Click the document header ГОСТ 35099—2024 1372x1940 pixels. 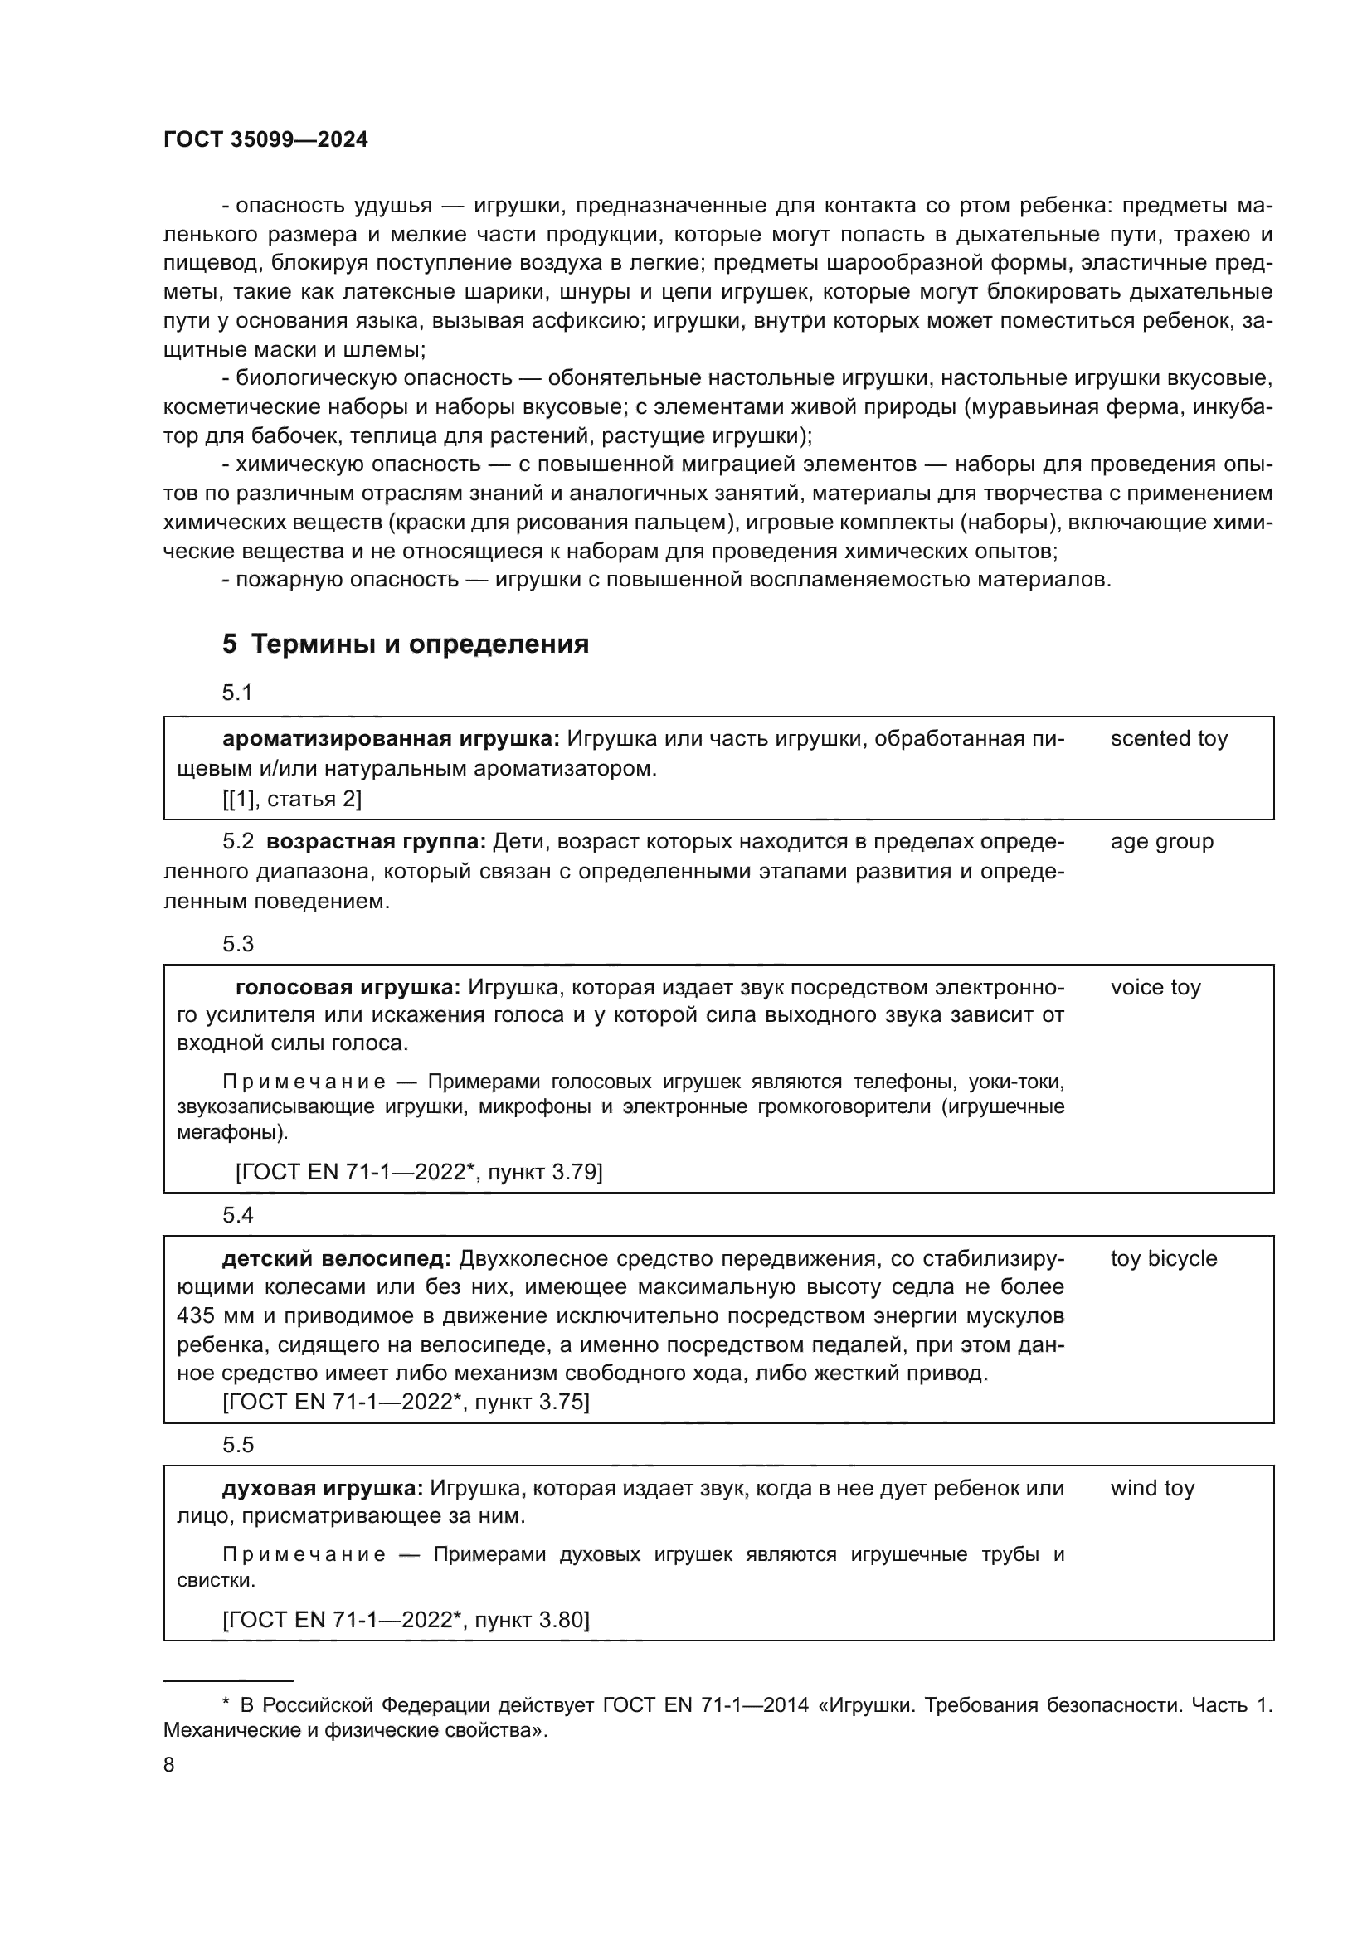pyautogui.click(x=265, y=140)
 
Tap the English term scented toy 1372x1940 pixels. pyautogui.click(x=1169, y=738)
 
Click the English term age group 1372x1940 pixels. pyautogui.click(x=1161, y=842)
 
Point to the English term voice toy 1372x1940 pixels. pyautogui.click(x=1155, y=987)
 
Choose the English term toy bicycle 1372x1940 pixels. pyautogui.click(x=1163, y=1258)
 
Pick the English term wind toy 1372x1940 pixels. pyautogui.click(x=1152, y=1488)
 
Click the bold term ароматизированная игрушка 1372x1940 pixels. pyautogui.click(x=391, y=738)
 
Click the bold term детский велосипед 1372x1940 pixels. pyautogui.click(x=337, y=1258)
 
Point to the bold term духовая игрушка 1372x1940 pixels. pyautogui.click(x=323, y=1488)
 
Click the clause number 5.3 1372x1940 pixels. pyautogui.click(x=237, y=944)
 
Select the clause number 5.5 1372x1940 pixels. pyautogui.click(x=237, y=1444)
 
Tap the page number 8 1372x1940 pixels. pyautogui.click(x=169, y=1765)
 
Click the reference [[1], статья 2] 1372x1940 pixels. pyautogui.click(x=291, y=799)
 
